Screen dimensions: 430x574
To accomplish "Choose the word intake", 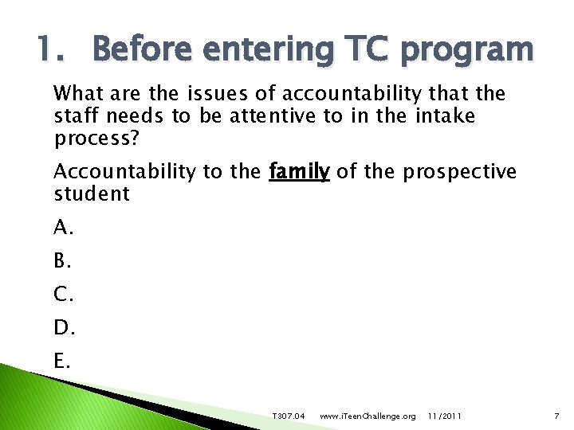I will (445, 116).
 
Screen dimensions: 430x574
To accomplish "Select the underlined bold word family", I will (299, 171).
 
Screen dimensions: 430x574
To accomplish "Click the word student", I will (91, 193).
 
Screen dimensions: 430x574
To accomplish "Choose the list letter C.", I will (64, 295).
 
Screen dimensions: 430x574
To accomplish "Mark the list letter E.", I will (63, 362).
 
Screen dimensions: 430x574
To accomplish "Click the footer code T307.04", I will (289, 416).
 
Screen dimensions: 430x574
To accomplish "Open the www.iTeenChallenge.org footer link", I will (367, 416).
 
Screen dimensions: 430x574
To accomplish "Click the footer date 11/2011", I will (443, 416).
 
